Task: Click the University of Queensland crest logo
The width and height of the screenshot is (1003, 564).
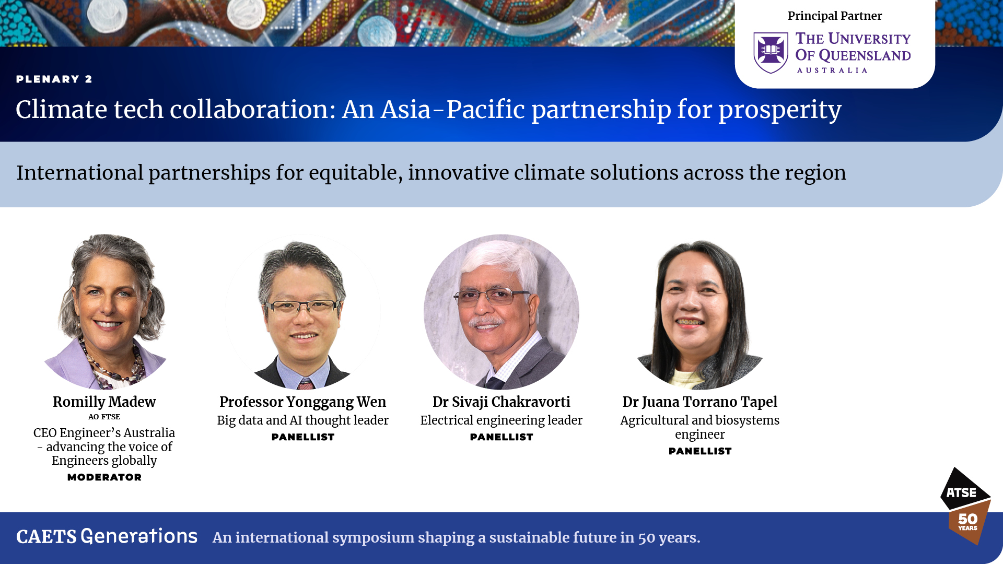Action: (x=771, y=52)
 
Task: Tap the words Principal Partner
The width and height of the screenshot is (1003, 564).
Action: (x=835, y=16)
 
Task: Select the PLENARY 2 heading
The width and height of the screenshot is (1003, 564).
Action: (x=54, y=79)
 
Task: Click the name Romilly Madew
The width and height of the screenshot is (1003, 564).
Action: (x=104, y=402)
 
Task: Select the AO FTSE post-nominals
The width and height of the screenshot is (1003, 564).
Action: (x=104, y=417)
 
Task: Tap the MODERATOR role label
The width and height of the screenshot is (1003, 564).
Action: (x=104, y=477)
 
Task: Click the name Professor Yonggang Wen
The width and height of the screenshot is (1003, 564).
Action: (x=303, y=402)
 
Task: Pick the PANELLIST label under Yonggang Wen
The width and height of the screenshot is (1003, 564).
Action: (x=303, y=437)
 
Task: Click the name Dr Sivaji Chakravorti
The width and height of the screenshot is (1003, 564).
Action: (x=501, y=402)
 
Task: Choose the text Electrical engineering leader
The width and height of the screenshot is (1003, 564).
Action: (x=501, y=420)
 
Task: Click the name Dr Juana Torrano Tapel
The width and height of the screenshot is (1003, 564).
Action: (x=700, y=402)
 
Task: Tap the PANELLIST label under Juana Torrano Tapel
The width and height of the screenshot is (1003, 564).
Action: (x=700, y=451)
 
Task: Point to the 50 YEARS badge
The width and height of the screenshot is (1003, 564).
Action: (x=969, y=522)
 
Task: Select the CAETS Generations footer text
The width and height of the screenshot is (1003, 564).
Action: (x=107, y=536)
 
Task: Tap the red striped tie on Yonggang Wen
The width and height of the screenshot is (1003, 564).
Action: (x=306, y=384)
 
